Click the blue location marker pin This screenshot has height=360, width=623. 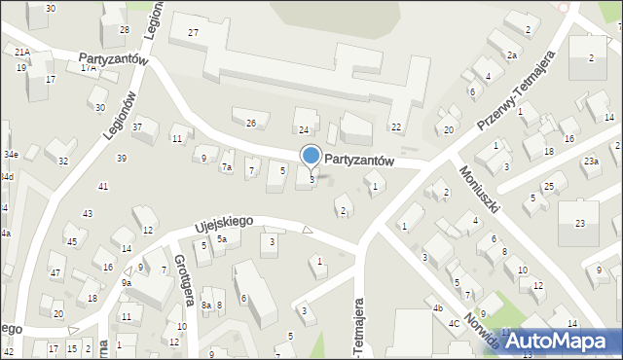pyautogui.click(x=311, y=156)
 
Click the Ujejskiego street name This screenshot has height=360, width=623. pyautogui.click(x=223, y=224)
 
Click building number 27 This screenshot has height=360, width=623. pyautogui.click(x=194, y=33)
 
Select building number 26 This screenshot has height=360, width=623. pyautogui.click(x=251, y=123)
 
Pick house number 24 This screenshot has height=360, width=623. pyautogui.click(x=304, y=129)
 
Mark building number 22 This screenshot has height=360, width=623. pyautogui.click(x=396, y=127)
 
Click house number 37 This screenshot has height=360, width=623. pyautogui.click(x=138, y=127)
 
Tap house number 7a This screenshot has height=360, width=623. pyautogui.click(x=227, y=167)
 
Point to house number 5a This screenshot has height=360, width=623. pyautogui.click(x=222, y=239)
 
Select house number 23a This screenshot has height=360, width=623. pyautogui.click(x=591, y=161)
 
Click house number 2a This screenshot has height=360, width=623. pyautogui.click(x=511, y=55)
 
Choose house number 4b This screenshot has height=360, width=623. pyautogui.click(x=438, y=308)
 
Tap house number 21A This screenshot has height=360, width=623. pyautogui.click(x=21, y=52)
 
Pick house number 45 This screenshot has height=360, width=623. pyautogui.click(x=71, y=241)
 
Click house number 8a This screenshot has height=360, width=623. pyautogui.click(x=206, y=306)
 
